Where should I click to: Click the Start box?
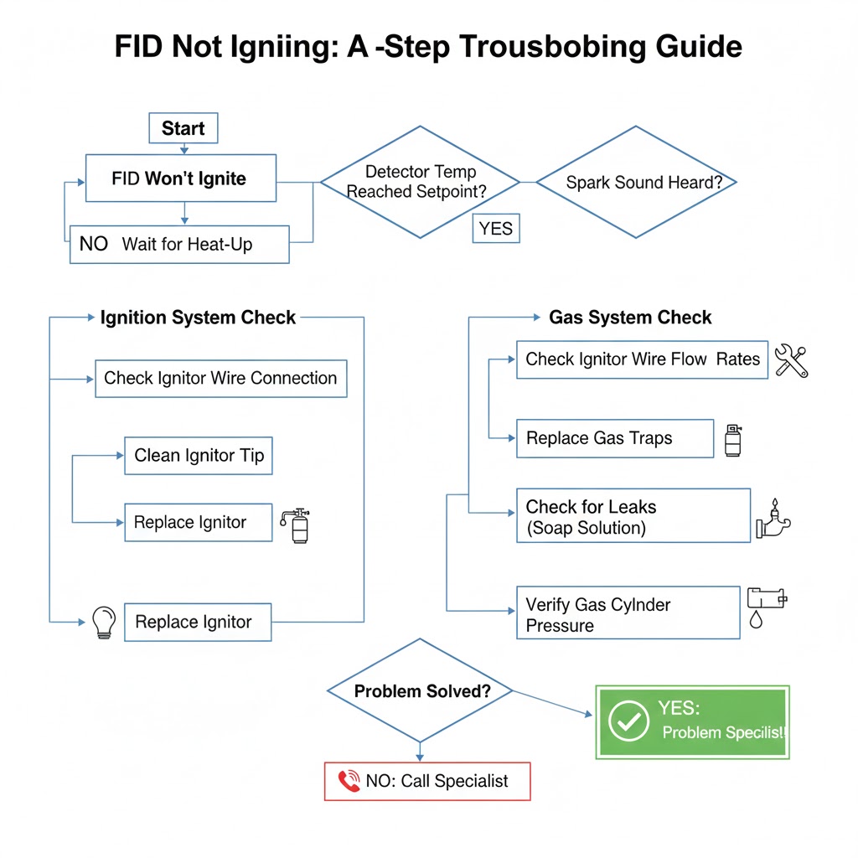click(183, 128)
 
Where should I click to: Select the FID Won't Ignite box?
click(180, 178)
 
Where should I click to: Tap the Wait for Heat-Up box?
click(178, 245)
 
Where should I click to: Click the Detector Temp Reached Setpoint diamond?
click(421, 182)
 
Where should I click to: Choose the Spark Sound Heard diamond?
click(637, 182)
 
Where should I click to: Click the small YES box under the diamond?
click(496, 228)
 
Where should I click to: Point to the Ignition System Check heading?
click(198, 318)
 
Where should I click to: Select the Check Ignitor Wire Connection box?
click(220, 378)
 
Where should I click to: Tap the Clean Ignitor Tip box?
click(199, 456)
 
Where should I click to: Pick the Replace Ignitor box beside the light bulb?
click(198, 622)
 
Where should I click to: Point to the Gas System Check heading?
click(630, 318)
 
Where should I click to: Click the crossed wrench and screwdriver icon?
click(791, 360)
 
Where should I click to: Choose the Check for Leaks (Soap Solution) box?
click(633, 516)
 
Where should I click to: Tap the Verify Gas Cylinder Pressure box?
click(628, 613)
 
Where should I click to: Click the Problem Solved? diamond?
click(421, 691)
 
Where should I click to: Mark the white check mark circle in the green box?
click(628, 721)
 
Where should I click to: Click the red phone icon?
click(349, 781)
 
